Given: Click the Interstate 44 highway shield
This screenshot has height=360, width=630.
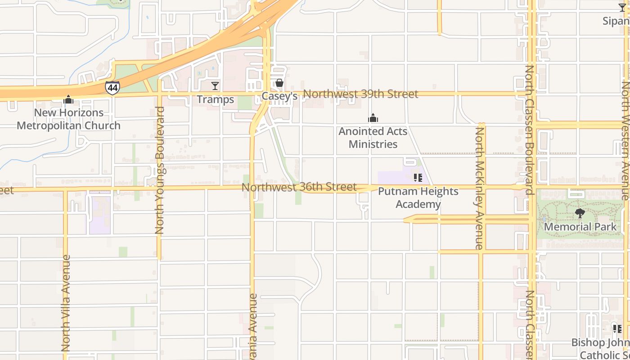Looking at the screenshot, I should click(x=112, y=87).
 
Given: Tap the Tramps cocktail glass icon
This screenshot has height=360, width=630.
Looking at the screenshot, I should click(x=215, y=85).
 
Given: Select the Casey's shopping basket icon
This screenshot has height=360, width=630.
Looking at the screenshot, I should click(x=279, y=83).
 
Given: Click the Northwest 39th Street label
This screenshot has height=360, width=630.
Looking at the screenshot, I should click(x=360, y=94).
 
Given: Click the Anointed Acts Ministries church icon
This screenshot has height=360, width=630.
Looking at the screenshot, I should click(x=373, y=118).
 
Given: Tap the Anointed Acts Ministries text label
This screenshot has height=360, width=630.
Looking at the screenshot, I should click(x=373, y=138).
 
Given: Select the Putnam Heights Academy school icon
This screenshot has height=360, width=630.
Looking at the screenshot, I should click(x=418, y=178).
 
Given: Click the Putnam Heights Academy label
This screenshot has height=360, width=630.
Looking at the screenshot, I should click(x=418, y=198).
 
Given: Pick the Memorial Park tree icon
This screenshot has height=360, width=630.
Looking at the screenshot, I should click(x=580, y=213).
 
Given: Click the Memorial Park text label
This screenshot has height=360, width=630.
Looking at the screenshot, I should click(x=580, y=226).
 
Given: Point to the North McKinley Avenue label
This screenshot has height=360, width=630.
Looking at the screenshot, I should click(x=480, y=188).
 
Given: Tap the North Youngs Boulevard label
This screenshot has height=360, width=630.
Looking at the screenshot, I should click(x=160, y=170).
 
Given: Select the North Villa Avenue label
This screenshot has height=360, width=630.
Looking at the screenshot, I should click(x=66, y=303).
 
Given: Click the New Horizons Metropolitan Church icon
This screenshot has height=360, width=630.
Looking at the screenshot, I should click(x=68, y=99).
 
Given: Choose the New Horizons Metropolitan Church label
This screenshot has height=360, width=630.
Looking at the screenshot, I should click(x=68, y=119).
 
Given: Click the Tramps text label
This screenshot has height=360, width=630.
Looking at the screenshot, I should click(x=215, y=99).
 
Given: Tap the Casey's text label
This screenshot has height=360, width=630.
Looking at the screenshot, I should click(x=279, y=96).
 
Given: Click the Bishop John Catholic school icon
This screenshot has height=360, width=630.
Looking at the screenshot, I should click(x=617, y=329).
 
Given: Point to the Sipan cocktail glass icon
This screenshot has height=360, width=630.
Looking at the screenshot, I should click(x=622, y=8).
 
